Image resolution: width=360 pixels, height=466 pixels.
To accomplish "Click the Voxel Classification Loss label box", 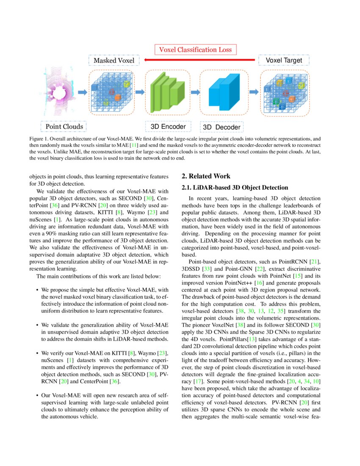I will coord(195,50).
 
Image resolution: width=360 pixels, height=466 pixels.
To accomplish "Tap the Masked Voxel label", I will coord(114,61).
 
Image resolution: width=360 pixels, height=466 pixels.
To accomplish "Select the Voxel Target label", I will coord(283,60).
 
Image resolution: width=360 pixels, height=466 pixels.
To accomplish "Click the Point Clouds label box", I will coord(64,126).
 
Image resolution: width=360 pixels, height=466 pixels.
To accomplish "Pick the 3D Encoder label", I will coord(168,126).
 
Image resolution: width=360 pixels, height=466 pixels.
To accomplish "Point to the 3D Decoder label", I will coord(222,127).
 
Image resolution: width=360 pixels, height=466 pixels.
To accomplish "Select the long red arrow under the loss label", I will coord(199,61).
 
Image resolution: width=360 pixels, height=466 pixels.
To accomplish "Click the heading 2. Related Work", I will coord(206,176).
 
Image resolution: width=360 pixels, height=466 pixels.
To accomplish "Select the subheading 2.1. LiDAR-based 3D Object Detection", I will coord(235,187).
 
